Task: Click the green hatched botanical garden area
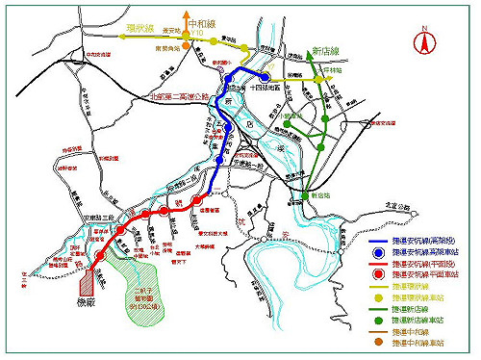tap(145, 273)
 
